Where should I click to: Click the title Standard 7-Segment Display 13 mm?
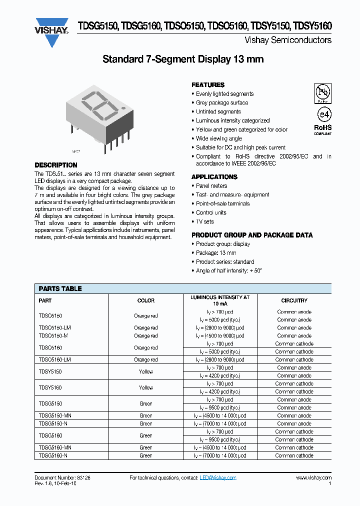pyautogui.click(x=183, y=59)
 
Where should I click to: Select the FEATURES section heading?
pyautogui.click(x=208, y=85)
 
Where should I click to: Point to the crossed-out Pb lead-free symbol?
pyautogui.click(x=322, y=92)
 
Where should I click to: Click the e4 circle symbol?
pyautogui.click(x=322, y=114)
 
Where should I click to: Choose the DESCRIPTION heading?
pyautogui.click(x=56, y=165)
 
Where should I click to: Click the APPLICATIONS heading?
pyautogui.click(x=214, y=177)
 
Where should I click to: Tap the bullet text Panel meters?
pyautogui.click(x=211, y=186)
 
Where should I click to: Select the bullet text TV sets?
pyautogui.click(x=204, y=221)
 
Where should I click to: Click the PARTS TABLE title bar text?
pyautogui.click(x=60, y=288)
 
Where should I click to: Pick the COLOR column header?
pyautogui.click(x=146, y=300)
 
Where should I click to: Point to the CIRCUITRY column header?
pyautogui.click(x=294, y=300)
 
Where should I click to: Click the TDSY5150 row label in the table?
pyautogui.click(x=50, y=371)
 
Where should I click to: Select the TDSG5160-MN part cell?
pyautogui.click(x=54, y=447)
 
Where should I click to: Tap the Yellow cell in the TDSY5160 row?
pyautogui.click(x=146, y=387)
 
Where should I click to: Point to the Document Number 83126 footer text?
pyautogui.click(x=62, y=478)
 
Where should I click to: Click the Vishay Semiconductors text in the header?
pyautogui.click(x=288, y=40)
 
